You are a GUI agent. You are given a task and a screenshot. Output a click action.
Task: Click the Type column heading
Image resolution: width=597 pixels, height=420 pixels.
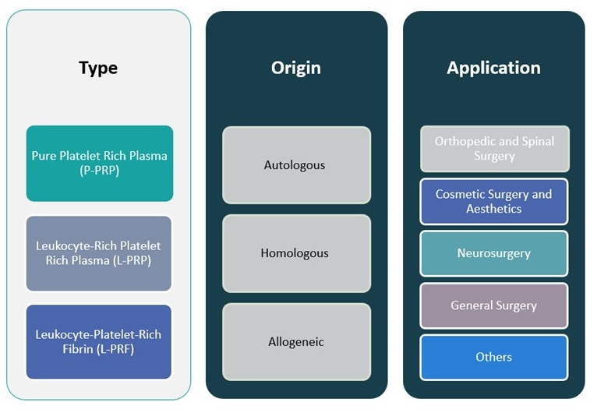tap(98, 68)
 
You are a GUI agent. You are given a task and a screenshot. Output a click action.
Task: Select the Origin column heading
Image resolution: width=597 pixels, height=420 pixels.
tap(295, 68)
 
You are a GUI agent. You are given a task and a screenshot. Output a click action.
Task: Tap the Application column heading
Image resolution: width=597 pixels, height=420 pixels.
tap(493, 68)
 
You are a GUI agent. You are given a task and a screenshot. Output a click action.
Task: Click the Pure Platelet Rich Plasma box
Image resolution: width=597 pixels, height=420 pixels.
tap(99, 163)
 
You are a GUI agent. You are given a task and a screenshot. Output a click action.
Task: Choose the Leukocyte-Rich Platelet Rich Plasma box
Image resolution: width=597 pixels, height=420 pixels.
tap(98, 253)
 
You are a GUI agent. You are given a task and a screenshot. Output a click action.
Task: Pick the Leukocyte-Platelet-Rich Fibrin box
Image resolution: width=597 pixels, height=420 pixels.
tap(98, 342)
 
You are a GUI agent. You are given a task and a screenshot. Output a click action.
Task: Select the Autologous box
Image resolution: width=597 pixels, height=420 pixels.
tap(295, 165)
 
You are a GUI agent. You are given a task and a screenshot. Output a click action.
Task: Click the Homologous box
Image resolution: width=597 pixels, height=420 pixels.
tap(295, 253)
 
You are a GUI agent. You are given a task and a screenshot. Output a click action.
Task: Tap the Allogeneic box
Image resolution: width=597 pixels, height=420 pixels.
tap(295, 342)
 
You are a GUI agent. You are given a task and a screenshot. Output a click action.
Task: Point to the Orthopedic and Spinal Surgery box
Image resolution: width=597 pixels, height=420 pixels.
tap(494, 148)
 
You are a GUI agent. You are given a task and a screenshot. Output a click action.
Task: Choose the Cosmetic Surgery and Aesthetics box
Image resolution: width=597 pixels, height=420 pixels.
tap(493, 202)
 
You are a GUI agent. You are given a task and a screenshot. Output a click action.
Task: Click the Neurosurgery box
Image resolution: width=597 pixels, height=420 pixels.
tap(493, 253)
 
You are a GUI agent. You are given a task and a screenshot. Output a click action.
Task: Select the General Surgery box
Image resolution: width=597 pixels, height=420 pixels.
tap(493, 305)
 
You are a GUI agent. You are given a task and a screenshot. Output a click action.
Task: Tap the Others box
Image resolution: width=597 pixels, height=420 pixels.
tap(493, 357)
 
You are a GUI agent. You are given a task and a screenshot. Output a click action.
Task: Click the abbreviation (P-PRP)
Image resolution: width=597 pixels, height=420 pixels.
tap(99, 171)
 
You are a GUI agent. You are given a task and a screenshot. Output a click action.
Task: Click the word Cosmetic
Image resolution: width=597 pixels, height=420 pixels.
tap(461, 194)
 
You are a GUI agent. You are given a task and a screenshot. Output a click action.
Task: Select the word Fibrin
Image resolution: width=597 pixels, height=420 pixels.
tap(79, 349)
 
